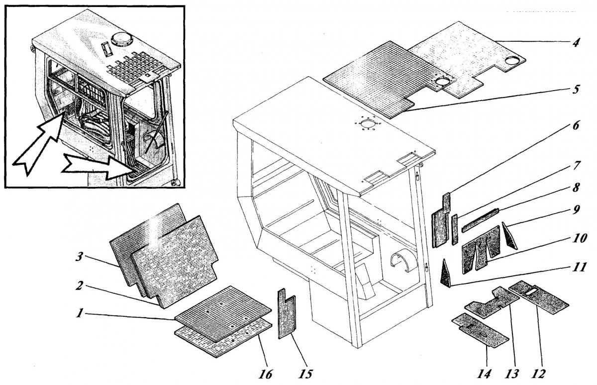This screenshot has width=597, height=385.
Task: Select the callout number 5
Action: click(575, 92)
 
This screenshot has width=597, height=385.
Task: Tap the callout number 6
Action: click(575, 125)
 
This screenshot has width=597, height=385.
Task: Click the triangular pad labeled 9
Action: click(510, 237)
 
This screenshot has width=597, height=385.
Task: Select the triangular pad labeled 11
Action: click(445, 274)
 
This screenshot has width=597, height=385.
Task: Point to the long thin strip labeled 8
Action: click(480, 221)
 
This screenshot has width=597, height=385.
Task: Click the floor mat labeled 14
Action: click(480, 330)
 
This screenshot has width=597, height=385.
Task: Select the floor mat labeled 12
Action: click(540, 294)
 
